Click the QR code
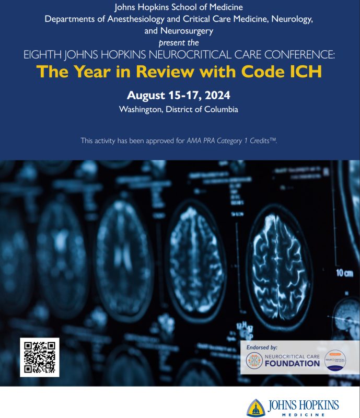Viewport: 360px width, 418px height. [39, 357]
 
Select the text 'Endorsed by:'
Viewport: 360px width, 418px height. [260, 347]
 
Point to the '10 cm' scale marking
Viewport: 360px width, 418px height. [344, 273]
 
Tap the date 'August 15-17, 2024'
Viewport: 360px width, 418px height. [178, 96]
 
